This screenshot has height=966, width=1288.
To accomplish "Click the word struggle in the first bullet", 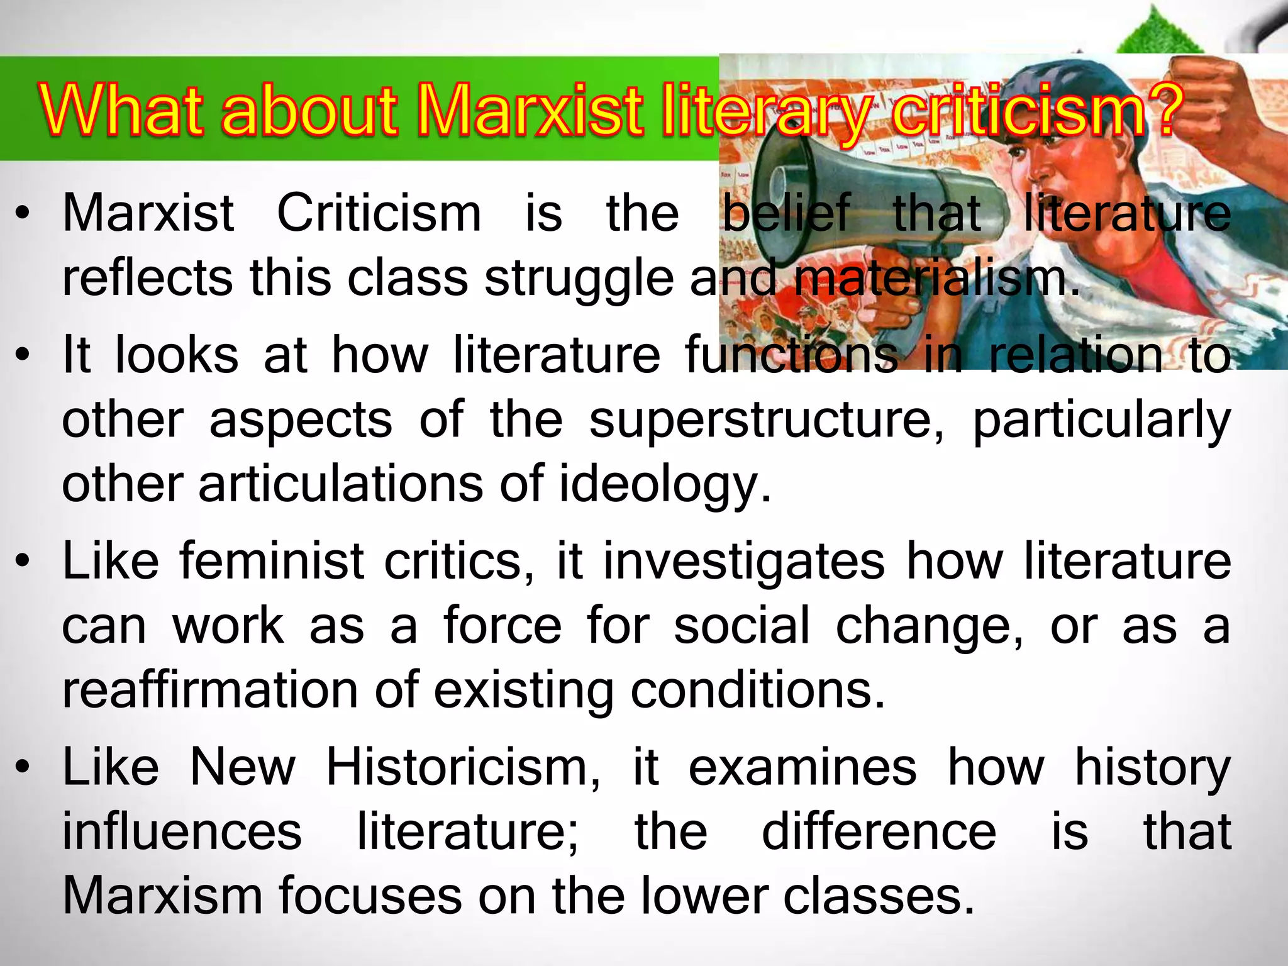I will click(x=579, y=279).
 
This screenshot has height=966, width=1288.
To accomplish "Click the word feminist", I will click(x=272, y=561).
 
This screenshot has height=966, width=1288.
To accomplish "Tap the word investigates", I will click(x=744, y=561).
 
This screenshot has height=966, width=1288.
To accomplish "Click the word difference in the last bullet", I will click(x=879, y=832).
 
